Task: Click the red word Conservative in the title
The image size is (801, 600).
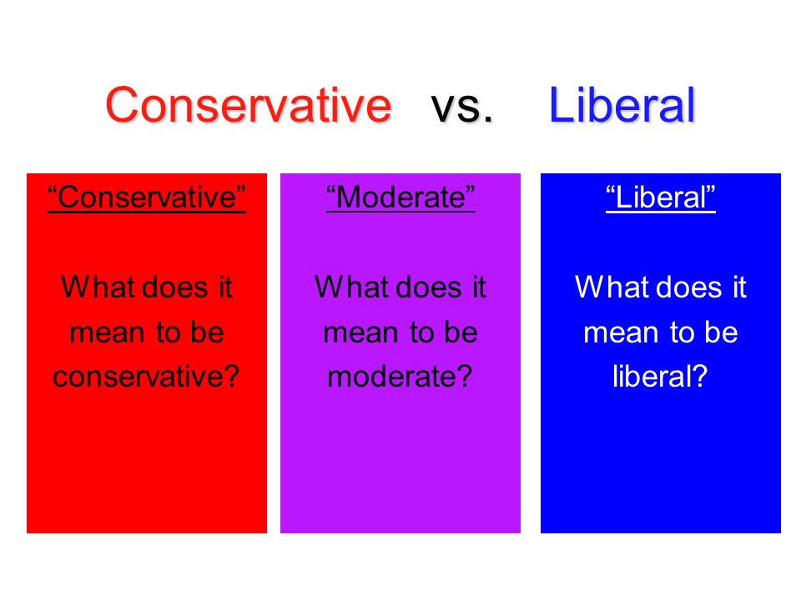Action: (249, 105)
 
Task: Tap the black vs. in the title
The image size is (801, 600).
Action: (461, 107)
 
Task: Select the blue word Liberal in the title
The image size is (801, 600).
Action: (622, 105)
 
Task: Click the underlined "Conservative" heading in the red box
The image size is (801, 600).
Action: (147, 197)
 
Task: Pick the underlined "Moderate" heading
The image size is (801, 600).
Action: (400, 197)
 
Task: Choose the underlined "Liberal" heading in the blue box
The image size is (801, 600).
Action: (661, 197)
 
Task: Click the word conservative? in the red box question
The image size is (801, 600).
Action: (146, 377)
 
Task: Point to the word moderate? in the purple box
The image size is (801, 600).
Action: (400, 377)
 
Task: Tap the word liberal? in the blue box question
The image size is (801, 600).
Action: (660, 377)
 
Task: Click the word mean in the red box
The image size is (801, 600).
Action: (108, 333)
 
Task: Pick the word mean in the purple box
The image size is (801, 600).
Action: (361, 333)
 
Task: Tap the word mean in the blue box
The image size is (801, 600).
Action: (621, 333)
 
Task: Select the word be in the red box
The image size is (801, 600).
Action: (208, 332)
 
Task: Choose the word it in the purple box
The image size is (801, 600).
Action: (479, 287)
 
